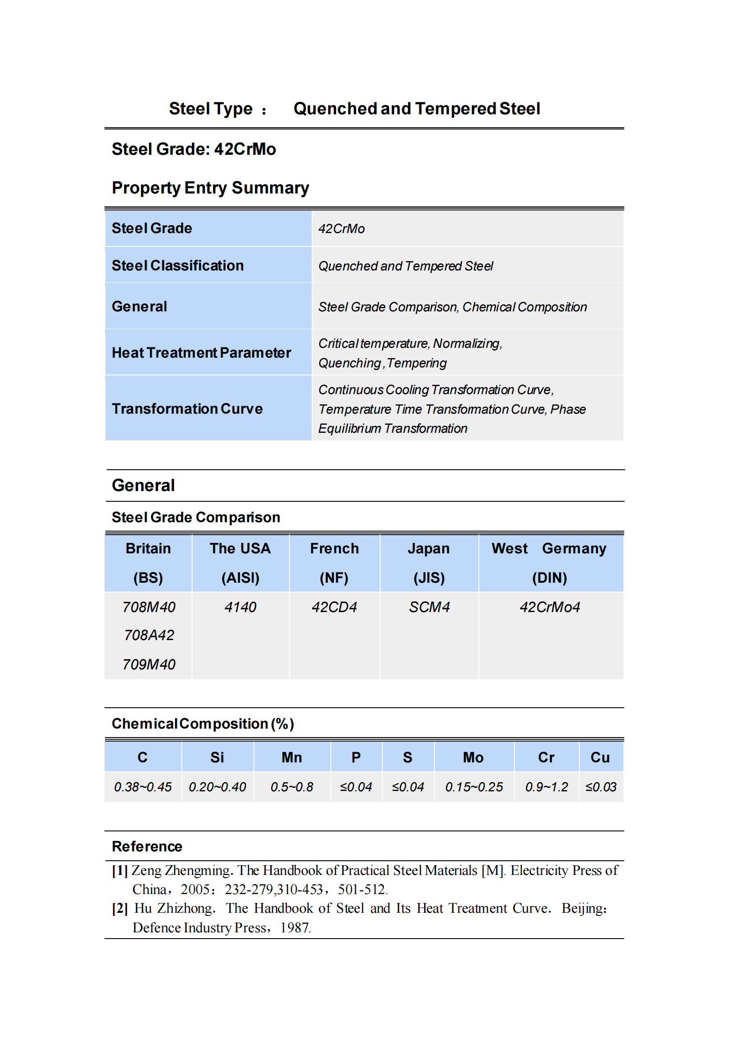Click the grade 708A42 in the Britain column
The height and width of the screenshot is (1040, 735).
pyautogui.click(x=149, y=635)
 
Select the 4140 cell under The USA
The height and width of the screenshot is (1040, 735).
pyautogui.click(x=240, y=607)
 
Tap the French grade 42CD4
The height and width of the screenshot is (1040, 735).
pyautogui.click(x=334, y=607)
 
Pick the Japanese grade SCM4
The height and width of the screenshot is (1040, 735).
pyautogui.click(x=429, y=607)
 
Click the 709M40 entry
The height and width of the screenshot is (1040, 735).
pyautogui.click(x=149, y=665)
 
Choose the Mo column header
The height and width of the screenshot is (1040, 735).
pyautogui.click(x=473, y=758)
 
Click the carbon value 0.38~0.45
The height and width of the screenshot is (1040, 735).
pyautogui.click(x=143, y=787)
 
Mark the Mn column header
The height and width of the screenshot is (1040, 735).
pyautogui.click(x=292, y=758)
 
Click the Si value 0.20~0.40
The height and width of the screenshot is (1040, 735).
pyautogui.click(x=217, y=787)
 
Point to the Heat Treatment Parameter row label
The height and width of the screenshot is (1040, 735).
pyautogui.click(x=201, y=353)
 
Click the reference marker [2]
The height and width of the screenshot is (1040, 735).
pyautogui.click(x=120, y=909)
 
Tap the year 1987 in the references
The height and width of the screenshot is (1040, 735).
pyautogui.click(x=295, y=927)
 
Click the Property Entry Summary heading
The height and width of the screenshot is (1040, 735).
pyautogui.click(x=210, y=188)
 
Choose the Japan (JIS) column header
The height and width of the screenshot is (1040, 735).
pyautogui.click(x=429, y=563)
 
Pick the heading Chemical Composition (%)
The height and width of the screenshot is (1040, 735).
pyautogui.click(x=203, y=724)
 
